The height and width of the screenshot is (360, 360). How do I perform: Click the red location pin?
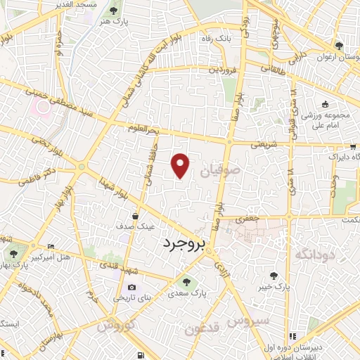181,165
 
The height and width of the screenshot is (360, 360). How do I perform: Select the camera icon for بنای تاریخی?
132,287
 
